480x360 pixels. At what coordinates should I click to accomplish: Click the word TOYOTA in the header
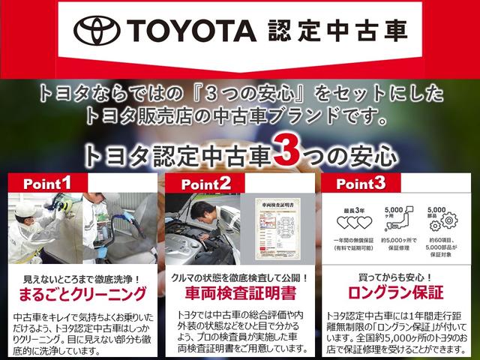192,31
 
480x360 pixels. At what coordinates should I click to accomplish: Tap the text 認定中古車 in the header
337,31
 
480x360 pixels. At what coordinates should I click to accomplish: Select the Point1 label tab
47,182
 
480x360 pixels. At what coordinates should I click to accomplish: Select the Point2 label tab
205,184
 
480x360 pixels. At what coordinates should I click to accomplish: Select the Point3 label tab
361,184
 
